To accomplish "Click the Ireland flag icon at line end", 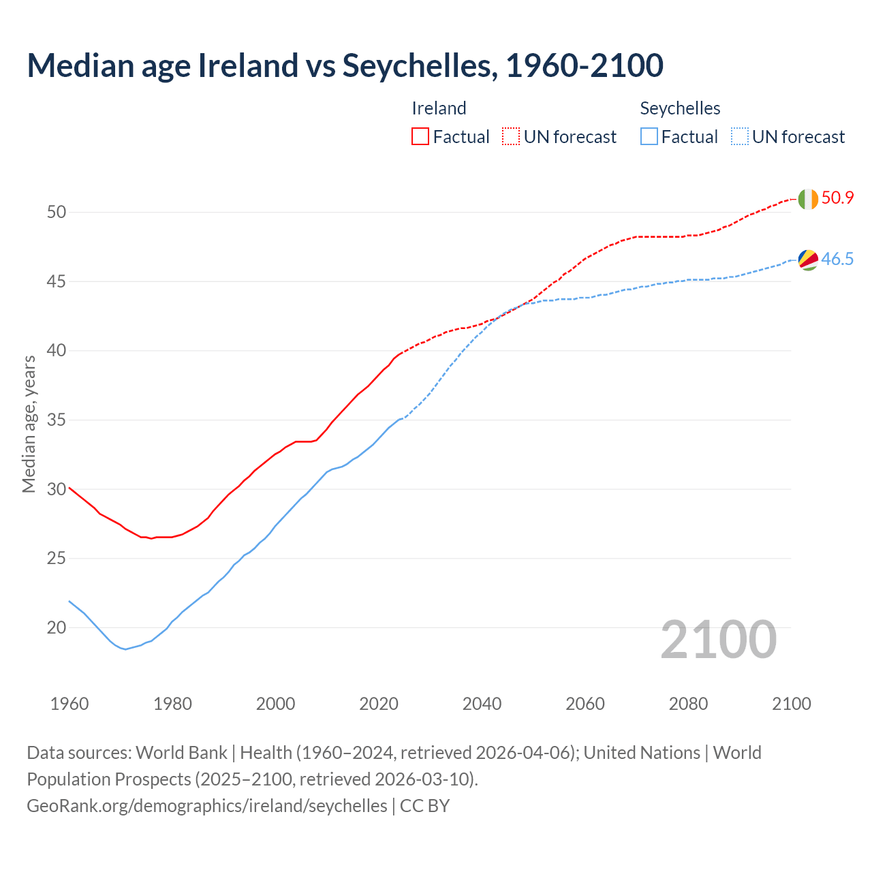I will click(807, 199).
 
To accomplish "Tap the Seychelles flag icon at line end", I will click(807, 260).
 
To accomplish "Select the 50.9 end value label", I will click(837, 198).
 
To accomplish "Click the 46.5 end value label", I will click(837, 260).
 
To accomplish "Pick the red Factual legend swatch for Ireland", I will click(420, 136).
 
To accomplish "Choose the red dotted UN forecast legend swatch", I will click(511, 136).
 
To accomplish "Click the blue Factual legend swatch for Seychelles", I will click(649, 136).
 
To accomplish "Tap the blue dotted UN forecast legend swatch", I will click(739, 136).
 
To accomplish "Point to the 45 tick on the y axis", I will click(57, 281).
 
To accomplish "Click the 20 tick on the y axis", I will click(57, 627).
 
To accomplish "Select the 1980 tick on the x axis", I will click(172, 704).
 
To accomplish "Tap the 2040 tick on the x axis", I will click(482, 704).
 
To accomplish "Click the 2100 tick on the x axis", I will click(791, 704).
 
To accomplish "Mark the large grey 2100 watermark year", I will click(719, 639).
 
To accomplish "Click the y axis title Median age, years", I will click(29, 424).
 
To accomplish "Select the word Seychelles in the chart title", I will click(418, 65).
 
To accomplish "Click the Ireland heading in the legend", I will click(439, 108).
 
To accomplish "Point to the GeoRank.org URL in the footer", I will click(206, 806).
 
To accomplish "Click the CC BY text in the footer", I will click(425, 806).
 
